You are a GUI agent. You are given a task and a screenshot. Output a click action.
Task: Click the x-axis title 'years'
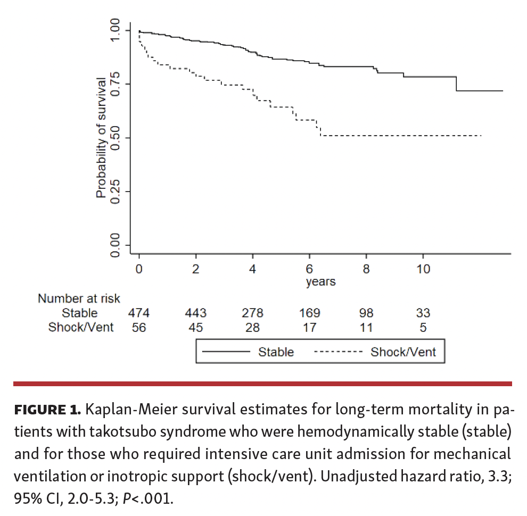click(320, 282)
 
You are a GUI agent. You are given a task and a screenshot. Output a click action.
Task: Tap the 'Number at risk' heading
click(79, 299)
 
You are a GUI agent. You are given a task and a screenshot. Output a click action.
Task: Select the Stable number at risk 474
click(139, 313)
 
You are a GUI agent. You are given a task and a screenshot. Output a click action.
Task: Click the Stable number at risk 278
click(252, 313)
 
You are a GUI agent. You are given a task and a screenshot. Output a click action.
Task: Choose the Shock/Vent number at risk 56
click(139, 327)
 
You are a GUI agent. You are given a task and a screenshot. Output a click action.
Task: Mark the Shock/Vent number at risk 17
click(309, 327)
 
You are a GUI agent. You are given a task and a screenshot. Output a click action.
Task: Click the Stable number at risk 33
click(423, 313)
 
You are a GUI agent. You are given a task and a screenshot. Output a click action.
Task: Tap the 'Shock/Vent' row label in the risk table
click(81, 327)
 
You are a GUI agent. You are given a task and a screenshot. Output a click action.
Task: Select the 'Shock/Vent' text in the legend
click(403, 352)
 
